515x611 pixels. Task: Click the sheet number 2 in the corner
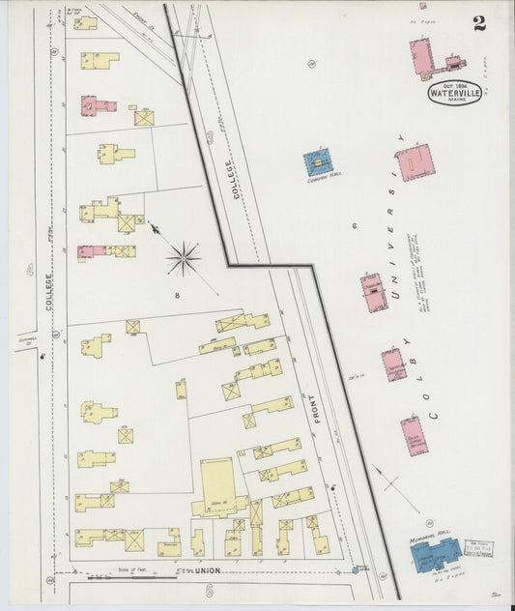click(x=479, y=22)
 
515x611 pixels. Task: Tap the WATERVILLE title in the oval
click(x=456, y=96)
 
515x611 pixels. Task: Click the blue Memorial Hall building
click(x=435, y=556)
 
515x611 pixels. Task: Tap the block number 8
click(x=177, y=294)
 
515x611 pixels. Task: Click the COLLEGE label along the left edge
click(x=49, y=290)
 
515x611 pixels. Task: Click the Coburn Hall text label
click(x=320, y=181)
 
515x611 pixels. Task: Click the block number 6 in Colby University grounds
click(x=355, y=226)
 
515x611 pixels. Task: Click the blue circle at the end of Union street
click(x=355, y=570)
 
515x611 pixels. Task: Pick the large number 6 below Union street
click(x=209, y=590)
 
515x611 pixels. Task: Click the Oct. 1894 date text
click(x=455, y=86)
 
